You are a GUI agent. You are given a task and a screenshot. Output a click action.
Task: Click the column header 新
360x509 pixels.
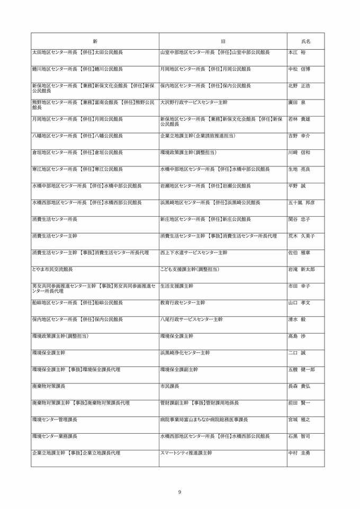(95, 41)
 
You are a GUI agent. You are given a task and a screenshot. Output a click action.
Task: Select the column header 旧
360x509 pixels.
(223, 41)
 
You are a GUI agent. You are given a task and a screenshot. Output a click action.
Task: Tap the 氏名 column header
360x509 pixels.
(305, 41)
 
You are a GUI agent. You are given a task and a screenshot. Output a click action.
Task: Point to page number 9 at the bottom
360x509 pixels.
(179, 492)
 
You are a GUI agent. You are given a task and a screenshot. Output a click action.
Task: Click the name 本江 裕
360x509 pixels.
(297, 52)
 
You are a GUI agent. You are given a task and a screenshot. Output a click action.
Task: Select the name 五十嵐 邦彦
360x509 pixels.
(301, 202)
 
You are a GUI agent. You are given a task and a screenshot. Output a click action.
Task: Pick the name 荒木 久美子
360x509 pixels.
(301, 236)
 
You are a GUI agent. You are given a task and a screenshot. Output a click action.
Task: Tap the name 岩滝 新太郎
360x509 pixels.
(301, 269)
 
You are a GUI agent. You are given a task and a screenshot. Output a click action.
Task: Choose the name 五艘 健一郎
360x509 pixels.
(301, 369)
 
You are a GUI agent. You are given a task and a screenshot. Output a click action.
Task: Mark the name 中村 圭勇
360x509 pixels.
(299, 453)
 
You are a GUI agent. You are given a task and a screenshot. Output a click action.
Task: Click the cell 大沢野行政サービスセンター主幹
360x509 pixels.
(194, 102)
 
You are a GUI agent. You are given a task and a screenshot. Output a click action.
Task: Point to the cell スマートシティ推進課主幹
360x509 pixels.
(186, 453)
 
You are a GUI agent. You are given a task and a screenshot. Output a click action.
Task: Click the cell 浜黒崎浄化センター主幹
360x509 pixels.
(185, 353)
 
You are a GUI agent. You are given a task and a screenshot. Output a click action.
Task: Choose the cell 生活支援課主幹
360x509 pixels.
(177, 286)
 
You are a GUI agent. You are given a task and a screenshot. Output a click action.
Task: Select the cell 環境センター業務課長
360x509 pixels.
(55, 436)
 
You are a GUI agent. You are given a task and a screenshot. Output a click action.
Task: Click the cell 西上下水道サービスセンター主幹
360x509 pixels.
(194, 253)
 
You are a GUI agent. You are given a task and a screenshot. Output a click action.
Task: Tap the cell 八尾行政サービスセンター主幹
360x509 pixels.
(191, 319)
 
